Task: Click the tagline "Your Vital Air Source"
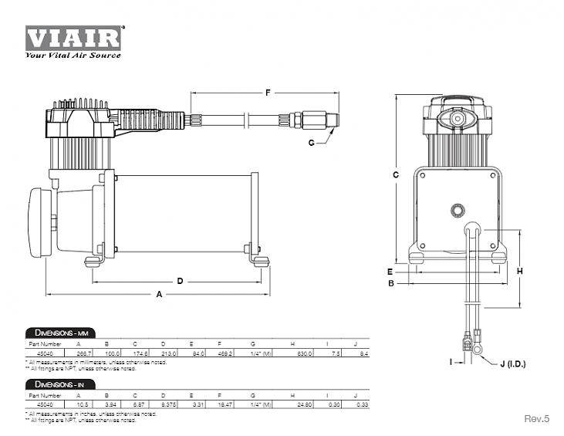(73, 56)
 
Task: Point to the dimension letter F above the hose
(267, 93)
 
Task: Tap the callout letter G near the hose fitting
(312, 143)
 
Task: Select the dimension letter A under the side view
(160, 295)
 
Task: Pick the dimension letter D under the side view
(180, 281)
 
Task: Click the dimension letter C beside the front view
(394, 175)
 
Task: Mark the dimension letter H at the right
(520, 271)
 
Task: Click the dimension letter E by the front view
(391, 272)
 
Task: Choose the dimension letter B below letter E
(391, 283)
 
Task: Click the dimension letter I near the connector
(450, 361)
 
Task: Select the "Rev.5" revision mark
(536, 418)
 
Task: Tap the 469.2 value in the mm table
(224, 353)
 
